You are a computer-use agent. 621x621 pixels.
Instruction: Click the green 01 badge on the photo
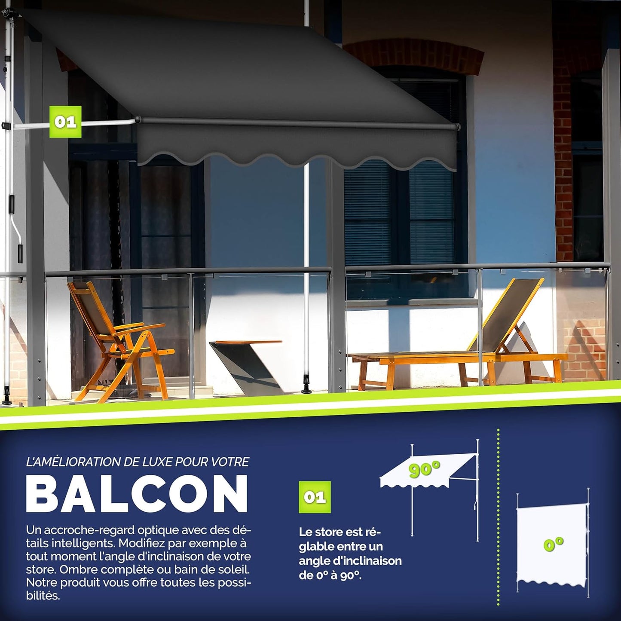[x=65, y=122]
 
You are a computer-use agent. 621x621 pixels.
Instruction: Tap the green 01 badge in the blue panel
[x=315, y=497]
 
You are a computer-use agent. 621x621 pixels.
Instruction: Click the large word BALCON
[x=137, y=494]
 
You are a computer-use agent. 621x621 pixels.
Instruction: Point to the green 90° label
[x=424, y=469]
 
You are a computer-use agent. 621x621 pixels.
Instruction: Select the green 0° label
[x=553, y=545]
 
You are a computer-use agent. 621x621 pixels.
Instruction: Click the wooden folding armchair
[x=118, y=340]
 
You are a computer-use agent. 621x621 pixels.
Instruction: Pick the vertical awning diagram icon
[x=552, y=544]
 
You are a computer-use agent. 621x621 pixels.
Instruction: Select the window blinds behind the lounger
[x=400, y=211]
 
